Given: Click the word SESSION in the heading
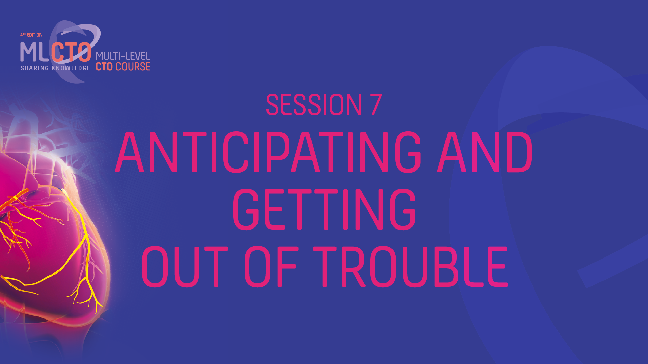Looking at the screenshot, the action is click(x=314, y=105).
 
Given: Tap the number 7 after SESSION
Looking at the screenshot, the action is click(x=376, y=105).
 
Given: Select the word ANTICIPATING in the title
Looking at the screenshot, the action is click(x=268, y=152).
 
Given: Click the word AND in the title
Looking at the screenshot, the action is click(x=485, y=152).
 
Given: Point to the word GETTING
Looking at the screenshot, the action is click(x=324, y=209).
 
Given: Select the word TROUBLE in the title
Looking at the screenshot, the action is click(x=410, y=267).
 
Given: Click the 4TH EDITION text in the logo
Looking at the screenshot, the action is click(x=31, y=35).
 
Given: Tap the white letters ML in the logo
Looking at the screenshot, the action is click(x=35, y=53).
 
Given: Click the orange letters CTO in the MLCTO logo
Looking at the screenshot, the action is click(x=71, y=53).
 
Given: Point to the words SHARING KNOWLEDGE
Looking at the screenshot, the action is click(x=55, y=68).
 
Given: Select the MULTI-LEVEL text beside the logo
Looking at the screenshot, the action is click(x=123, y=56).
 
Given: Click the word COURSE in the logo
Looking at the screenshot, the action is click(x=133, y=67).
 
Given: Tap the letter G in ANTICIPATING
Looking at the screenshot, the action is click(x=408, y=152).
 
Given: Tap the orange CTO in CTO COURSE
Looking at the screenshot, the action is click(x=104, y=67).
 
